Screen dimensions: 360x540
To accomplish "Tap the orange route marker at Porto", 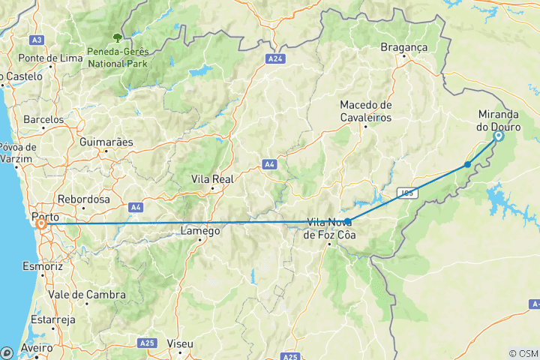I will click(40, 223).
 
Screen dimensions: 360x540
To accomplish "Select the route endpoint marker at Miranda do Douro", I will click(498, 136).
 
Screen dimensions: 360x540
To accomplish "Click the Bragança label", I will click(403, 46).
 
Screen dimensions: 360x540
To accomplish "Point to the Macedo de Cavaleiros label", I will click(365, 111).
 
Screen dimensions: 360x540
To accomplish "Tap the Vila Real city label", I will click(213, 179).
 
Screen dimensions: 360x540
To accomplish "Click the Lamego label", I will click(200, 232).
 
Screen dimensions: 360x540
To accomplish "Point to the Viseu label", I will click(180, 343).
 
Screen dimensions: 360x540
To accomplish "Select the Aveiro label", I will click(37, 349).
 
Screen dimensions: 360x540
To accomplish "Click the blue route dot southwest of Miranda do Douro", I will click(467, 164).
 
